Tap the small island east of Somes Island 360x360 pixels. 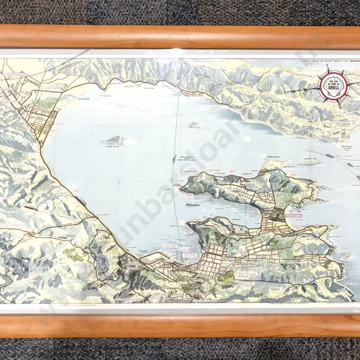pos(194,125)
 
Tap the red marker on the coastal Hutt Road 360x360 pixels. pos(79,200)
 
